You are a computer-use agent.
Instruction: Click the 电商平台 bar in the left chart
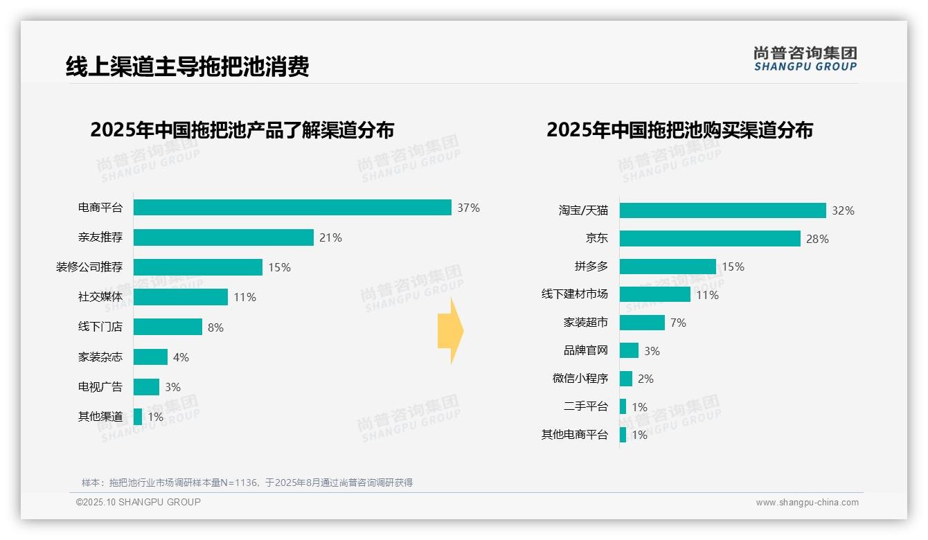[292, 208]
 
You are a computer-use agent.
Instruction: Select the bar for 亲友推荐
[223, 237]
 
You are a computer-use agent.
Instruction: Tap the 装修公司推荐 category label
[89, 267]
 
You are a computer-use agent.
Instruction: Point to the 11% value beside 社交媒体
[244, 297]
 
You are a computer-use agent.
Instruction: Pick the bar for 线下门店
[168, 327]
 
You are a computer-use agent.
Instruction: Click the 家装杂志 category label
[100, 357]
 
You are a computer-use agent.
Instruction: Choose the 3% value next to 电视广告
[172, 387]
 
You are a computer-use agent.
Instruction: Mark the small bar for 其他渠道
[138, 417]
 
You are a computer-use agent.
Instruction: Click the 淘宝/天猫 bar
[722, 210]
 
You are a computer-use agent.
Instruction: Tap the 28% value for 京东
[817, 239]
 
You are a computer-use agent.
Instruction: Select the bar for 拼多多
[668, 267]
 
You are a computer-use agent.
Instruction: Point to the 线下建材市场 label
[575, 294]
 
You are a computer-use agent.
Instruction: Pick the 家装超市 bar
[642, 323]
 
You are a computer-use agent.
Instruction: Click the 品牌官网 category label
[586, 350]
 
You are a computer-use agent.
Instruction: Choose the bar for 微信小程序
[626, 379]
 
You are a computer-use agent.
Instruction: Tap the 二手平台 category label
[586, 406]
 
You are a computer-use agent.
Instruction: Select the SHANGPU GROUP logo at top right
[805, 58]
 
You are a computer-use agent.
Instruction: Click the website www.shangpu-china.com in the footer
[807, 503]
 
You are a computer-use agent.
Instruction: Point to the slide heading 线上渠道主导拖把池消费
[187, 66]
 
